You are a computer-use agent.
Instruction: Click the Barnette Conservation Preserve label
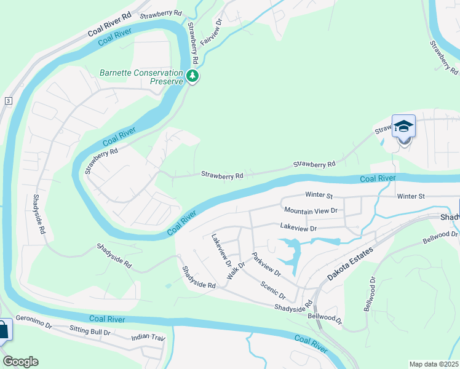point(141,77)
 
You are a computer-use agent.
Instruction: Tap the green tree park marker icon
point(193,77)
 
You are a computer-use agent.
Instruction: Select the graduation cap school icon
point(403,127)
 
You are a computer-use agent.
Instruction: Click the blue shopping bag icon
point(3,330)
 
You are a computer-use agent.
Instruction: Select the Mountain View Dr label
point(311,210)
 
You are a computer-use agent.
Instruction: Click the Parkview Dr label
point(266,263)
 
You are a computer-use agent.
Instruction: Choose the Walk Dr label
point(236,271)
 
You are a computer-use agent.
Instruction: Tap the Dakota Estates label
point(349,265)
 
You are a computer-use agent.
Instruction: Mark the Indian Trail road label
point(148,338)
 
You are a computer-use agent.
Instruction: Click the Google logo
point(20,361)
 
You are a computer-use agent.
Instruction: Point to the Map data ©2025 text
point(434,364)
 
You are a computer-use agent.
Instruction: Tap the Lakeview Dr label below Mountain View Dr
point(298,228)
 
